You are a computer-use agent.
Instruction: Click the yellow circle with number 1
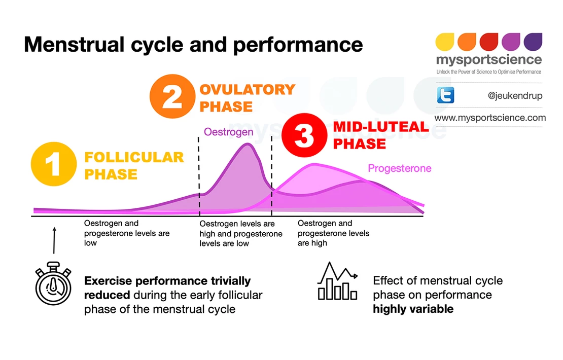[x=54, y=164]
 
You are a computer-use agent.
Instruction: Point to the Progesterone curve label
[x=399, y=168]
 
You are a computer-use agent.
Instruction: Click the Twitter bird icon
[x=445, y=95]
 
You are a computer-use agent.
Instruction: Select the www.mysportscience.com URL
[x=490, y=118]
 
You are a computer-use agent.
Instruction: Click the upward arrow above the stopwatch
[x=54, y=240]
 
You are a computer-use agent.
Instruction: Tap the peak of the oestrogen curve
[x=248, y=145]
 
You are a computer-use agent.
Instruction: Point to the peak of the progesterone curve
[x=315, y=164]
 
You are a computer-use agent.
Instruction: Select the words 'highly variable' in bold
[x=413, y=309]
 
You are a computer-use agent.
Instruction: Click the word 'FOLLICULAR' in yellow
[x=134, y=157]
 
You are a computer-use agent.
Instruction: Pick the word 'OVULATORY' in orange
[x=247, y=90]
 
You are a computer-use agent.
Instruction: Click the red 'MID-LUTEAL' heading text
[x=380, y=127]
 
